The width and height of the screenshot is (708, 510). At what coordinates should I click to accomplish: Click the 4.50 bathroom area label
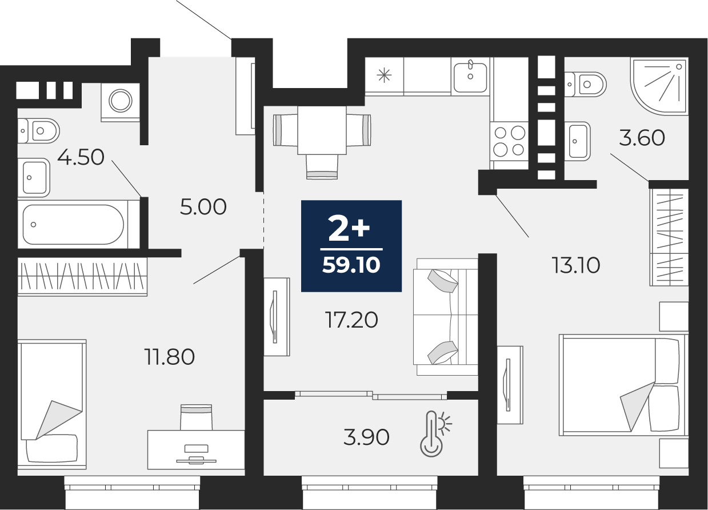(x=81, y=157)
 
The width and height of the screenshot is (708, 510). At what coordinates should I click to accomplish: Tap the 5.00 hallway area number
(x=203, y=207)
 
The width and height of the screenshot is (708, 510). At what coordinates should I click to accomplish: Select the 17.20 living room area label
(x=351, y=320)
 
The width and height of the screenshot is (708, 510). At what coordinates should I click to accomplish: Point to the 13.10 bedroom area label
(x=576, y=265)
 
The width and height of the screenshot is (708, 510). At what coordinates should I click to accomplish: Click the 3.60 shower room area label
(x=642, y=138)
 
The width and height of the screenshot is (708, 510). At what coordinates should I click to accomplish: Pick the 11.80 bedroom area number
(x=169, y=357)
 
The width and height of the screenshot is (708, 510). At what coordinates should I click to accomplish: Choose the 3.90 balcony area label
(x=366, y=437)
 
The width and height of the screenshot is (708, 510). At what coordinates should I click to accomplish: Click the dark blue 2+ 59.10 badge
(x=351, y=246)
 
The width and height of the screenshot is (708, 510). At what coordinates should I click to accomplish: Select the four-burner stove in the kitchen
(x=509, y=142)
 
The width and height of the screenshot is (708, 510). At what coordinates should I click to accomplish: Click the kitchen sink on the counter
(x=470, y=76)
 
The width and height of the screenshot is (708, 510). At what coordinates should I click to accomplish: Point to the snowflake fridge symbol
(x=384, y=75)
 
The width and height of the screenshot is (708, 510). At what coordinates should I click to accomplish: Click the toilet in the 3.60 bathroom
(x=585, y=85)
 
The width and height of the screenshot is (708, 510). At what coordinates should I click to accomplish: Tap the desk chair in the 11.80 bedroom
(x=196, y=417)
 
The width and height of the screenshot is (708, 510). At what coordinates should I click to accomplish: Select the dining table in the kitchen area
(x=322, y=130)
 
